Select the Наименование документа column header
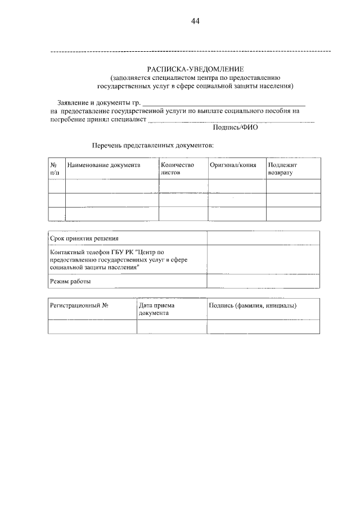tap(103, 165)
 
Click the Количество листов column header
tap(177, 169)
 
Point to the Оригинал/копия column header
tap(232, 165)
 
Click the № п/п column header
tap(55, 169)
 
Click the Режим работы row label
tap(70, 281)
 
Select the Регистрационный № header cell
tap(79, 305)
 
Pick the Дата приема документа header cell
tap(156, 309)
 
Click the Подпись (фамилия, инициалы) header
tap(253, 305)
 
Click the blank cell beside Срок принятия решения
tap(263, 239)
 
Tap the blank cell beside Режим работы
tap(263, 281)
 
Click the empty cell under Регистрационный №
tap(92, 327)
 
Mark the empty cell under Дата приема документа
tap(172, 327)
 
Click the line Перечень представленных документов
tap(153, 145)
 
